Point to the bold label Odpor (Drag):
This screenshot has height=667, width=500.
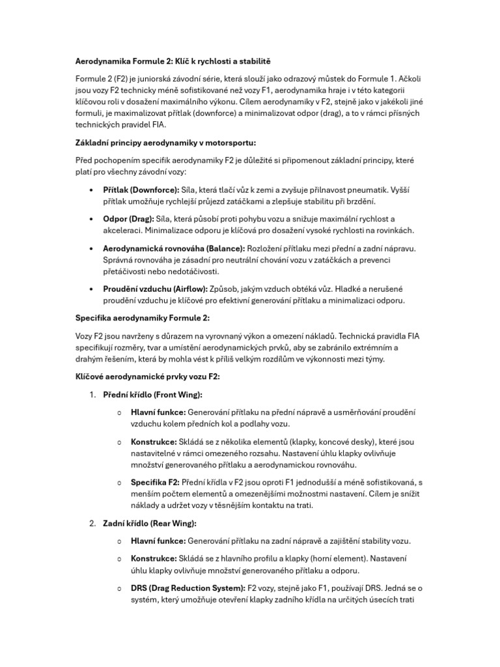coord(128,219)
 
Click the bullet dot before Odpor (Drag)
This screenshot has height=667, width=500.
coord(90,220)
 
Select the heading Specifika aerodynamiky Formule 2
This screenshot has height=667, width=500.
coord(143,318)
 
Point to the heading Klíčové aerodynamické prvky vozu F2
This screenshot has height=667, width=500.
coord(146,376)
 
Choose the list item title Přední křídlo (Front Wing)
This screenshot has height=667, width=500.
coord(153,395)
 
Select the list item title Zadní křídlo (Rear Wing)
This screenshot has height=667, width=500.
coord(150,522)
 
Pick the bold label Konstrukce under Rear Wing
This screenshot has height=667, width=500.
coord(154,559)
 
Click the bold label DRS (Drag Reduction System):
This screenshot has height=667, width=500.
coord(188,588)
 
